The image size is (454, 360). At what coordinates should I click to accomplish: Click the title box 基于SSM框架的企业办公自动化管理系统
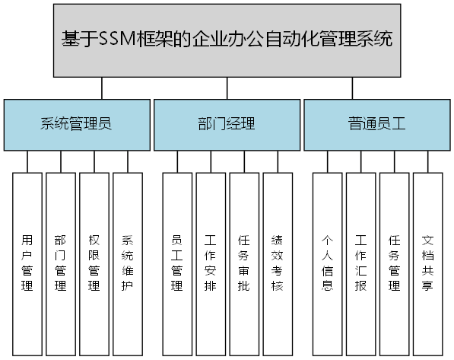[x=227, y=40]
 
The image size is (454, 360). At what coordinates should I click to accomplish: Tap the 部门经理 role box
[x=227, y=124]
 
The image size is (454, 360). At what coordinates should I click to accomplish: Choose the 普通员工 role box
[x=377, y=124]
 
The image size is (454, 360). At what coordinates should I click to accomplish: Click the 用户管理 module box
[x=27, y=263]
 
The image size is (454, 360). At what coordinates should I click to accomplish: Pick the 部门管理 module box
[x=61, y=263]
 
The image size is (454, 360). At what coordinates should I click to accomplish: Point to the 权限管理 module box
[x=94, y=263]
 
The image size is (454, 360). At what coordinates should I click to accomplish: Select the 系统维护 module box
[x=128, y=263]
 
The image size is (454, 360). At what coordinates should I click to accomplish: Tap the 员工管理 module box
[x=177, y=263]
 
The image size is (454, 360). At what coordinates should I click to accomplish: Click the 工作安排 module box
[x=211, y=263]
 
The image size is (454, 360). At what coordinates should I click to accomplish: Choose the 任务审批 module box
[x=244, y=263]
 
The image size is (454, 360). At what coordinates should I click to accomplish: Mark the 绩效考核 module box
[x=278, y=263]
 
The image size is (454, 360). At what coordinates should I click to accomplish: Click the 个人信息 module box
[x=328, y=263]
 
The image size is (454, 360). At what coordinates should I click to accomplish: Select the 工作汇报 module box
[x=361, y=263]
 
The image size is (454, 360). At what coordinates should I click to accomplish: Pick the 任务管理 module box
[x=395, y=263]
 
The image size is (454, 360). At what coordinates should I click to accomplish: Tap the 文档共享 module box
[x=428, y=263]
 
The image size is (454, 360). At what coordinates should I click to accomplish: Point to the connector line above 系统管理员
[x=102, y=88]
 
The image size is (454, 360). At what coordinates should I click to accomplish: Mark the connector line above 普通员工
[x=352, y=88]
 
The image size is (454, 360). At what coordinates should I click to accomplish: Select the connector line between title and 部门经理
[x=227, y=88]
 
